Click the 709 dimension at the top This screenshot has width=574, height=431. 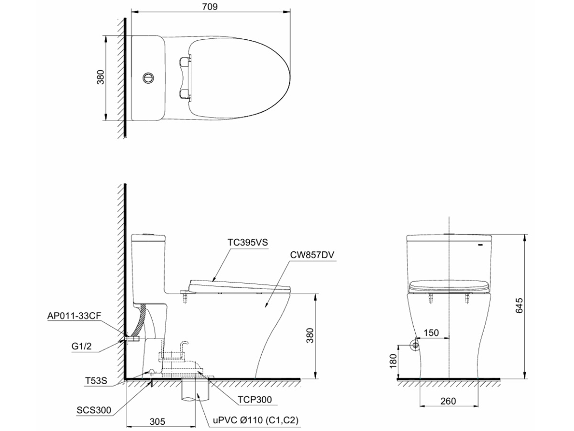tap(210, 7)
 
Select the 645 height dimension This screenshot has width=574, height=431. tap(519, 306)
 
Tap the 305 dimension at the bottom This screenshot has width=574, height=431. tap(157, 421)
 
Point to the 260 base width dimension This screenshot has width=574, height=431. tap(448, 401)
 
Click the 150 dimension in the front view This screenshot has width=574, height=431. tap(431, 333)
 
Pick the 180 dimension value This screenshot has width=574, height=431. tap(393, 361)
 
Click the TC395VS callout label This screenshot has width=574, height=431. tap(247, 243)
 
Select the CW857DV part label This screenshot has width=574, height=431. tap(312, 255)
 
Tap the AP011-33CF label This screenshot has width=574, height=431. tap(74, 316)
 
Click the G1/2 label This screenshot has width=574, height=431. tap(81, 346)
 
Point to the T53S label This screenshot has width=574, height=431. tap(96, 381)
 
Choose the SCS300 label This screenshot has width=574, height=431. tap(94, 410)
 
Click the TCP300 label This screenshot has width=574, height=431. tap(254, 399)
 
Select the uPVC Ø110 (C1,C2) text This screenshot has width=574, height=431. tap(256, 420)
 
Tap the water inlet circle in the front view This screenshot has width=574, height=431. tap(415, 345)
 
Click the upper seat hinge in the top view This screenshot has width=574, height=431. tap(185, 62)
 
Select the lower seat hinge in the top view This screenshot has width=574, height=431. tap(185, 94)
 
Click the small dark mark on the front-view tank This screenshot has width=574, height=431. tap(480, 245)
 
